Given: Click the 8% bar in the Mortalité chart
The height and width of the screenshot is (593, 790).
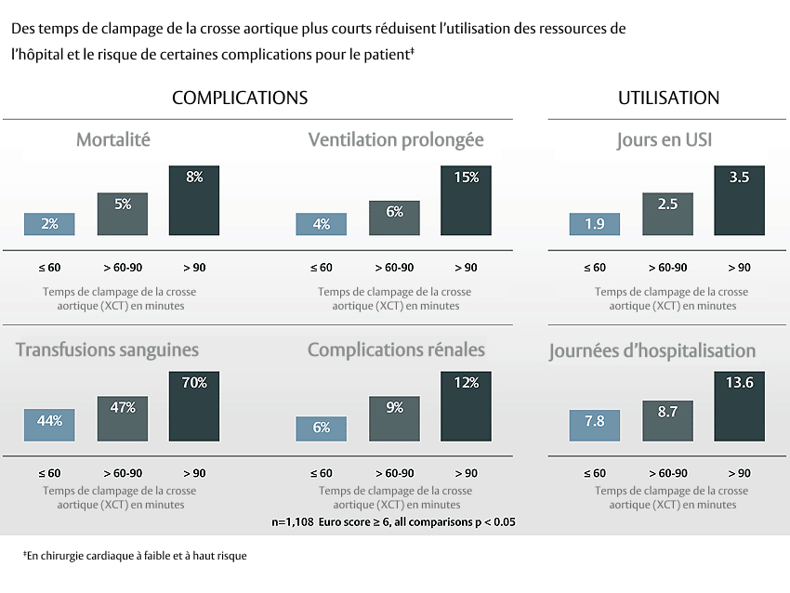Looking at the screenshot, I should tap(194, 201).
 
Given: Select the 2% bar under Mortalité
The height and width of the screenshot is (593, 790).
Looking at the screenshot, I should tap(49, 224).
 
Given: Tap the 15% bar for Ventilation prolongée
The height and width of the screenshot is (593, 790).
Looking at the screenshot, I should tap(466, 201).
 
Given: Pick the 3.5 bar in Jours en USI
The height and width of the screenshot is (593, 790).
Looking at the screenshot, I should tap(739, 201).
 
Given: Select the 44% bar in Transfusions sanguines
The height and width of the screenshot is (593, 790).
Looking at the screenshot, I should tap(49, 425).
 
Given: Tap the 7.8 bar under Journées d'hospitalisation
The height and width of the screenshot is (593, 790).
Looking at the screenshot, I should tap(594, 425).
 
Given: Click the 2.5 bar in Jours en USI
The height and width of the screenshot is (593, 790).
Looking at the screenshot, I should tap(666, 214).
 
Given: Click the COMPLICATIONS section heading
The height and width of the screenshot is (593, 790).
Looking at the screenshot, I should tap(240, 98).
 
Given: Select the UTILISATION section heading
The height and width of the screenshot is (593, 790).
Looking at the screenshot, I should tap(668, 98).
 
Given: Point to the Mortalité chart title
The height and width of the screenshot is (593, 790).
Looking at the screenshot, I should tap(113, 140).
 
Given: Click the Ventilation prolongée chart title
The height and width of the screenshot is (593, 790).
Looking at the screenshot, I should tap(396, 140).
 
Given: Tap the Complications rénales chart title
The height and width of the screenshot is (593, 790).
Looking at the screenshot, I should tap(396, 350).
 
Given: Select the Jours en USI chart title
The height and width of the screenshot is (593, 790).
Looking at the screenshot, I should tap(665, 140).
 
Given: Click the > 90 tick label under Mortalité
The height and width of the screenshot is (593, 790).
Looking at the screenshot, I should tap(194, 268).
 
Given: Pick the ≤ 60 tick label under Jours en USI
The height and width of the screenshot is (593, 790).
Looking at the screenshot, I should tap(595, 268).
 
